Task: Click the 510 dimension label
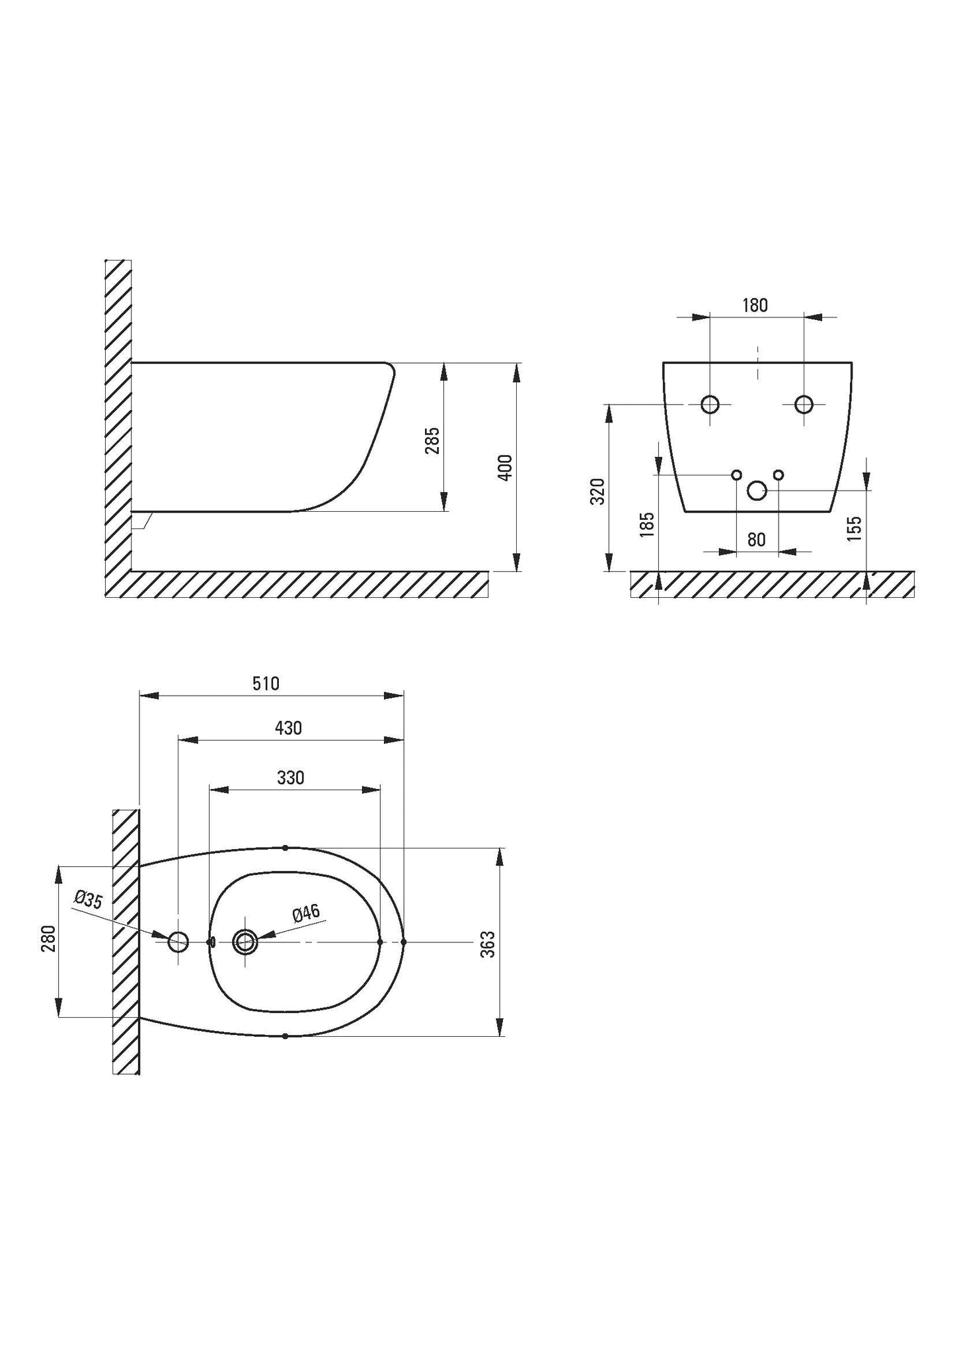tap(266, 683)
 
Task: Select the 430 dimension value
tap(288, 728)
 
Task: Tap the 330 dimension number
tap(290, 778)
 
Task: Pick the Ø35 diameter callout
tap(89, 900)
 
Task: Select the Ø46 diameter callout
tap(305, 914)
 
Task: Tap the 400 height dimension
tap(505, 467)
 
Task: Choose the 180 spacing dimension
tap(755, 305)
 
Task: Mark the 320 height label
tap(598, 491)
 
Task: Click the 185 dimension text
tap(648, 524)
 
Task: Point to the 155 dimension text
tap(854, 528)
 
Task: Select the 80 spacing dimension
tap(756, 540)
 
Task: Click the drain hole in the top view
tap(245, 942)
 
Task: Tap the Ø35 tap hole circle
tap(178, 942)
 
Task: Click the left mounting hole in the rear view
tap(710, 403)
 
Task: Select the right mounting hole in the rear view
tap(804, 403)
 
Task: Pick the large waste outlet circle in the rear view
tap(757, 490)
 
